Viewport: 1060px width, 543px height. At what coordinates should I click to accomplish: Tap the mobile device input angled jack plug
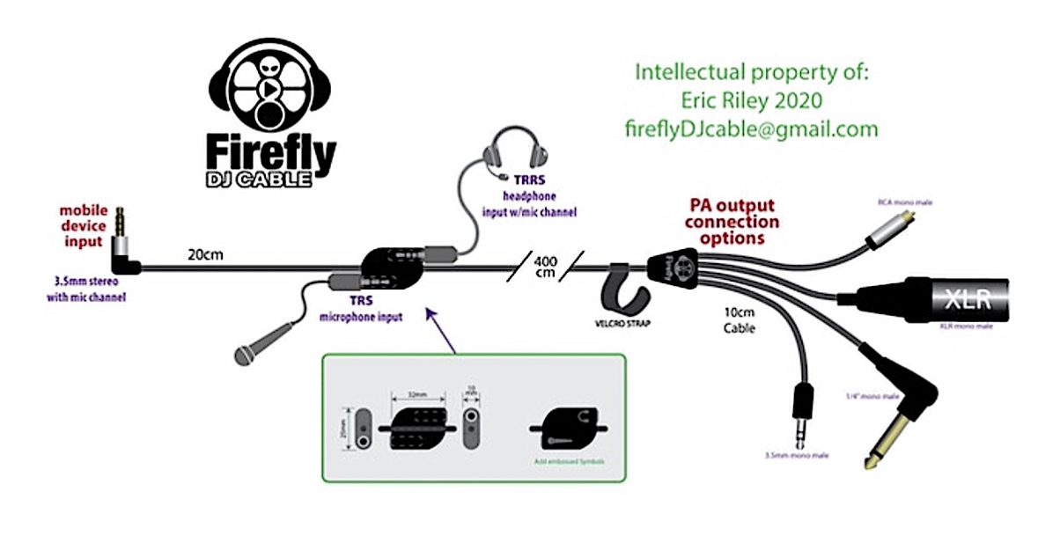pos(123,253)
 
